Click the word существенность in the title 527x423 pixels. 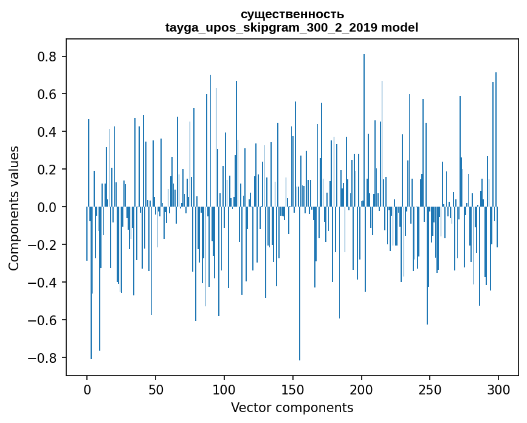[x=292, y=14]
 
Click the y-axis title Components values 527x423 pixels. [x=14, y=208]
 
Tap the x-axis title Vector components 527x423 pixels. [x=292, y=407]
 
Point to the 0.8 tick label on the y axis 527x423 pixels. [x=49, y=57]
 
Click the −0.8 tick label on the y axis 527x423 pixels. [x=44, y=357]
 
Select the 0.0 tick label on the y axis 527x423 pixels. [x=49, y=207]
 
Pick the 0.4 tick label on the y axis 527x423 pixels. [x=49, y=132]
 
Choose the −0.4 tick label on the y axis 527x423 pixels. [x=44, y=283]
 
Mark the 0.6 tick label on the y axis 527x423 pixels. [x=49, y=94]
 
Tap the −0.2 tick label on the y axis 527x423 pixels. [x=44, y=245]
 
